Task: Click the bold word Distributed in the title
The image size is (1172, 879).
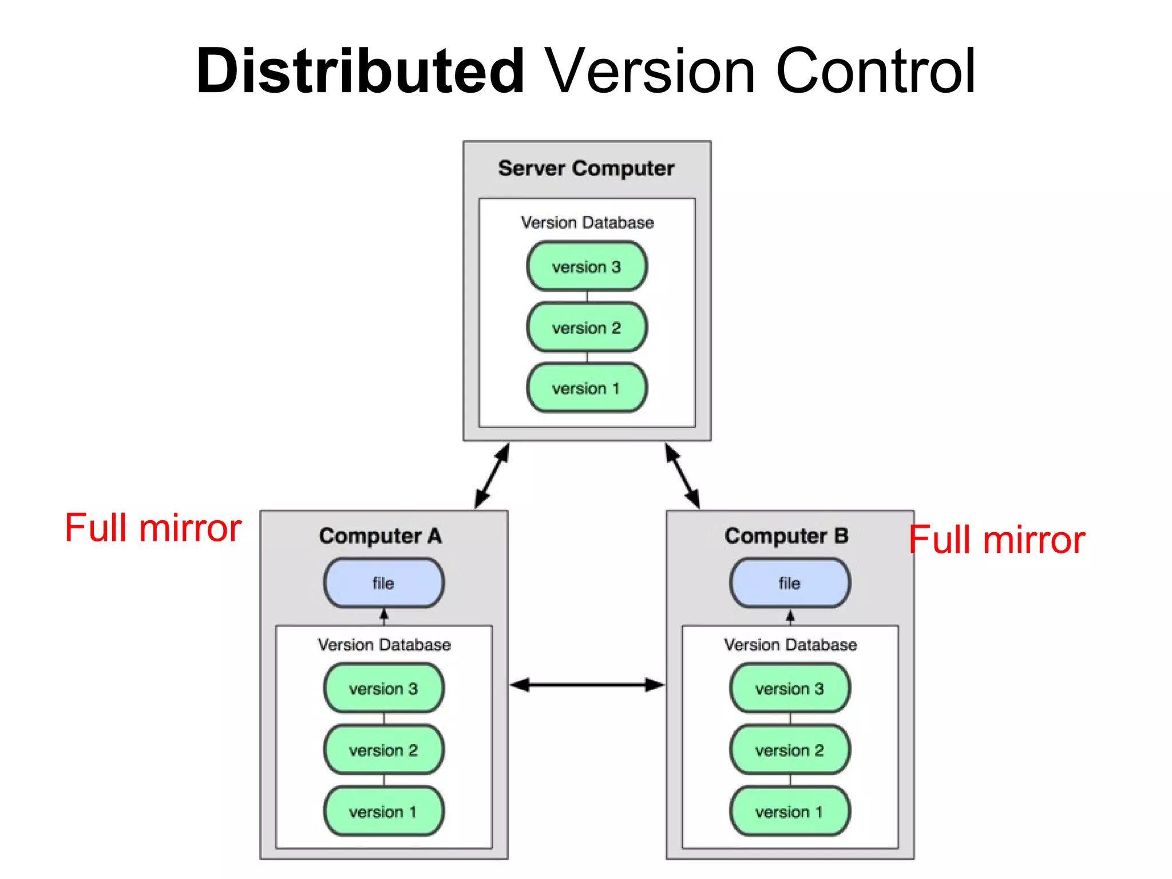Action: tap(361, 72)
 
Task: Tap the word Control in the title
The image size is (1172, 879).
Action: tap(876, 72)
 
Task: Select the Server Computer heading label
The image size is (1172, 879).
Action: tap(586, 168)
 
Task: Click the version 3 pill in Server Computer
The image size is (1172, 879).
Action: tap(587, 267)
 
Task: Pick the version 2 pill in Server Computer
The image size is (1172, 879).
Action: tap(587, 327)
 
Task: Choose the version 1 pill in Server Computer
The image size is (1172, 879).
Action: tap(587, 388)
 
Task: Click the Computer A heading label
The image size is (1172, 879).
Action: tap(381, 536)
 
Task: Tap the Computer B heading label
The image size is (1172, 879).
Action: tap(786, 536)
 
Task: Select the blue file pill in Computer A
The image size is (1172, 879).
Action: tap(383, 583)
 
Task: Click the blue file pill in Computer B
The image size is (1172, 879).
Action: tap(790, 583)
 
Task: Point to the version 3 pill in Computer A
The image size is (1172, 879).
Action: tap(383, 688)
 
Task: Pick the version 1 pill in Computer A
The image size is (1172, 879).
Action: tap(383, 811)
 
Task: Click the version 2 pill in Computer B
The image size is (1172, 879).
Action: tap(790, 750)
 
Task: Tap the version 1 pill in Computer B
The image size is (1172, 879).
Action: tap(790, 811)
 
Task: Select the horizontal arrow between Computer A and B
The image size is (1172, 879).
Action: tap(587, 684)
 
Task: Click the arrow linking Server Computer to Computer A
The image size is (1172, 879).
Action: tap(492, 476)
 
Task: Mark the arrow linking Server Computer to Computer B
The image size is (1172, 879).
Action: tap(682, 476)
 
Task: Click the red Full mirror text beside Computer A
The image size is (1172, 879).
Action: tap(153, 528)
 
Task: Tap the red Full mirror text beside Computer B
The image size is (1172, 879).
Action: tap(997, 540)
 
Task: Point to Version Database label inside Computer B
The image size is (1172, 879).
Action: tap(790, 645)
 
